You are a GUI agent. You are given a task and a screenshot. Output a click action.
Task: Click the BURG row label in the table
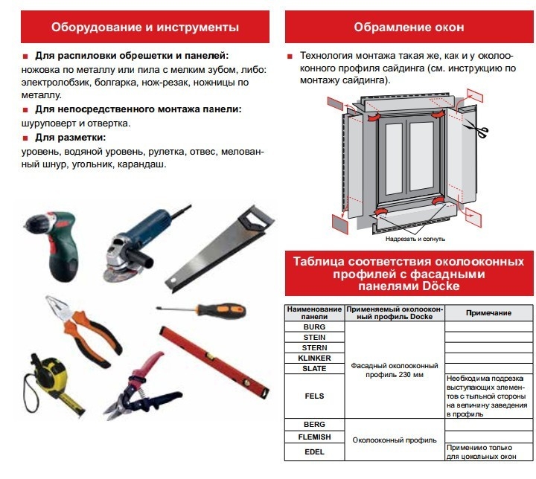pyautogui.click(x=314, y=326)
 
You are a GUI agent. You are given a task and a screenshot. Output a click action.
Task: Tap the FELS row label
pyautogui.click(x=314, y=396)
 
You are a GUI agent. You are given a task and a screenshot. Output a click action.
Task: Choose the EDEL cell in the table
pyautogui.click(x=314, y=451)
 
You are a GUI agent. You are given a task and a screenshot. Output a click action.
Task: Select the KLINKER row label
pyautogui.click(x=314, y=358)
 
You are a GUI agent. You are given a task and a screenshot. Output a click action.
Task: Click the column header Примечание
pyautogui.click(x=488, y=313)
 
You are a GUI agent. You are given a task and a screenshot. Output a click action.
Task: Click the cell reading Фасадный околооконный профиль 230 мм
pyautogui.click(x=394, y=370)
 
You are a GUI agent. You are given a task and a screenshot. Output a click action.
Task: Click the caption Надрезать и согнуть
pyautogui.click(x=415, y=239)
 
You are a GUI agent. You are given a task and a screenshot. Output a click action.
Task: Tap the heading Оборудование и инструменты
pyautogui.click(x=145, y=28)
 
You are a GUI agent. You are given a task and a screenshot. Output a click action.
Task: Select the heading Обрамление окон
pyautogui.click(x=409, y=28)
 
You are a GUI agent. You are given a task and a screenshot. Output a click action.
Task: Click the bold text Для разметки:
pyautogui.click(x=70, y=138)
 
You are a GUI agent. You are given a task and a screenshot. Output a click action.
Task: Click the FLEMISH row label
pyautogui.click(x=314, y=437)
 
